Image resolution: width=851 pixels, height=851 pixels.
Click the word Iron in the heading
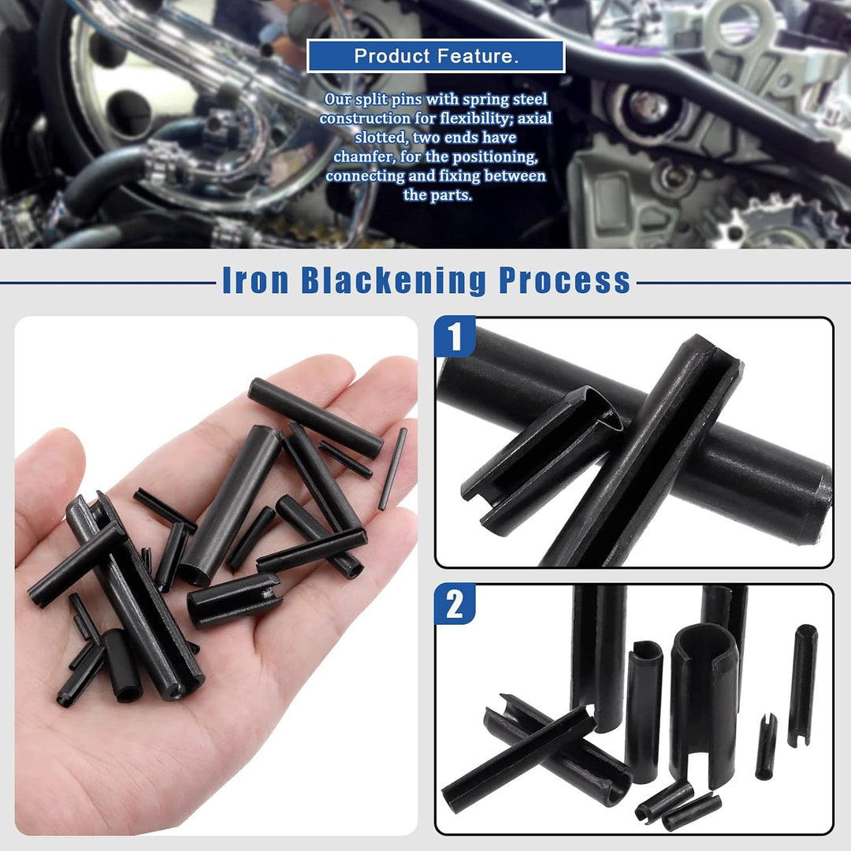point(255,280)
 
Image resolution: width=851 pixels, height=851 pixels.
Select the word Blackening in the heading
point(393,280)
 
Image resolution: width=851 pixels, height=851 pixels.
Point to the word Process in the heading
point(564,280)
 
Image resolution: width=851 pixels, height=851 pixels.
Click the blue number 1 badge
point(455,336)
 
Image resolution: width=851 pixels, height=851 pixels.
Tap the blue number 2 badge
point(455,604)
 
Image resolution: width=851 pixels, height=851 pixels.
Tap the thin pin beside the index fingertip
point(392,469)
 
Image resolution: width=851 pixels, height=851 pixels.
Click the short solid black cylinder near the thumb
point(123,665)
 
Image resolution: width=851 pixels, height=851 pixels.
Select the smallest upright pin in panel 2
point(766,747)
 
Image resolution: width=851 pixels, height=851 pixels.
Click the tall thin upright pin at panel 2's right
point(803,686)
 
